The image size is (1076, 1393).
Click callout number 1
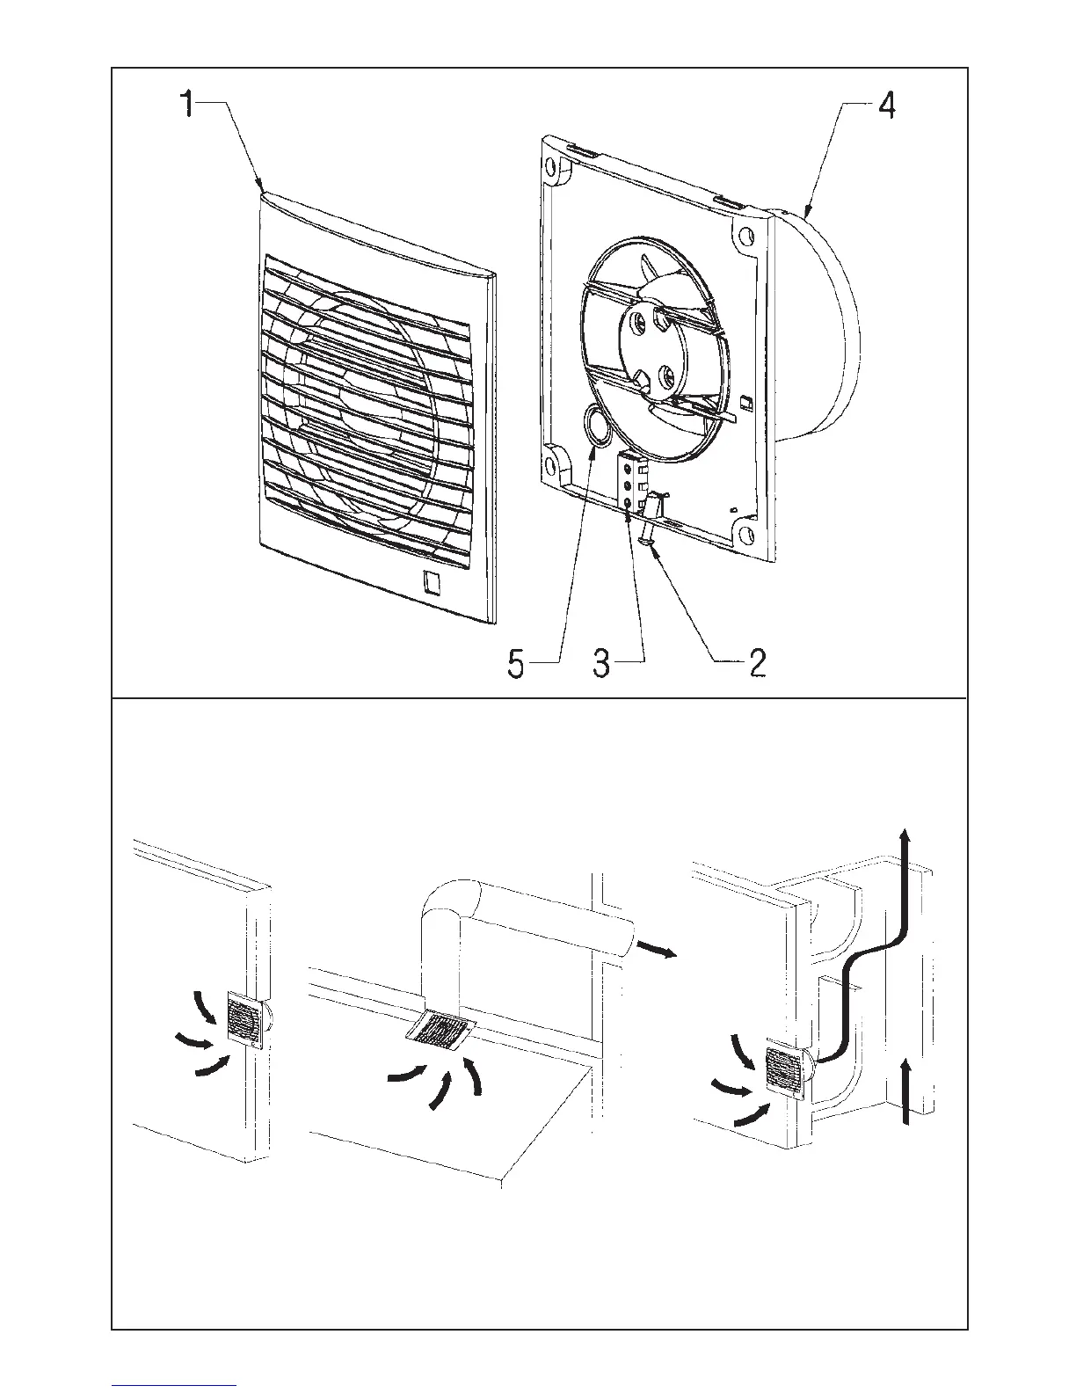[186, 106]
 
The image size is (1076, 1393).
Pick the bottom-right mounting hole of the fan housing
[747, 534]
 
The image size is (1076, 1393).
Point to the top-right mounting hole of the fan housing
[746, 236]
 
